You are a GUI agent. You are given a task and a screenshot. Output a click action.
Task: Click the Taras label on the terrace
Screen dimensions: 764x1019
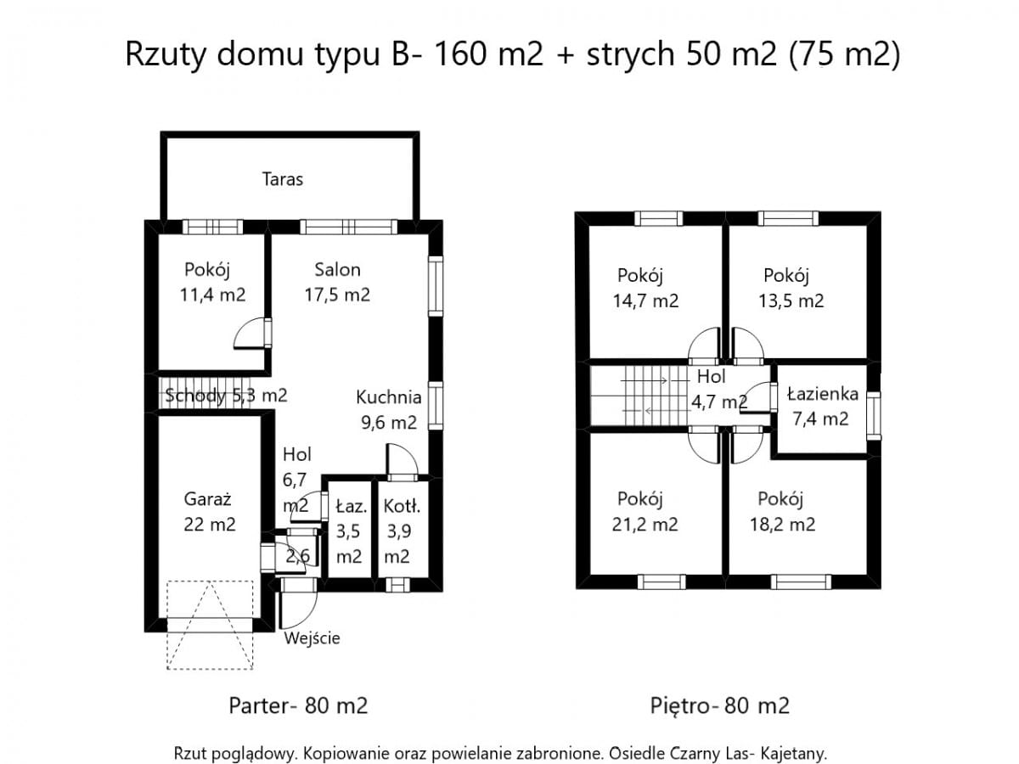pyautogui.click(x=282, y=179)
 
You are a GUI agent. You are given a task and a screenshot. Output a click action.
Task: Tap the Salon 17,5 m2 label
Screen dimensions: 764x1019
pyautogui.click(x=337, y=282)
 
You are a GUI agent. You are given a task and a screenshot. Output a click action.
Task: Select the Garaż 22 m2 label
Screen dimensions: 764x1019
pyautogui.click(x=209, y=512)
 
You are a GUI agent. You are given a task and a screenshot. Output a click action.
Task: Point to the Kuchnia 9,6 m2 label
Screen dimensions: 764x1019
pyautogui.click(x=387, y=409)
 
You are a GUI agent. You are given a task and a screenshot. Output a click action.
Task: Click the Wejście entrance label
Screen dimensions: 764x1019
pyautogui.click(x=312, y=638)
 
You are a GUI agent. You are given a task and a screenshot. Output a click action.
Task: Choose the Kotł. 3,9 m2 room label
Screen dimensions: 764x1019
pyautogui.click(x=397, y=531)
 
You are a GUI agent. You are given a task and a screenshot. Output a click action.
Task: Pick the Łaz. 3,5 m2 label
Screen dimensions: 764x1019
pyautogui.click(x=350, y=531)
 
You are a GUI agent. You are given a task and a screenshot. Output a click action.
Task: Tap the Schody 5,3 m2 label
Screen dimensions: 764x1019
pyautogui.click(x=226, y=395)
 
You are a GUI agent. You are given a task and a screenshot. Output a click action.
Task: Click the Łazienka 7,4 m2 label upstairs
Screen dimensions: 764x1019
pyautogui.click(x=822, y=406)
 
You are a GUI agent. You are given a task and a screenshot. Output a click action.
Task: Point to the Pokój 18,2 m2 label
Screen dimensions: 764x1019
pyautogui.click(x=780, y=511)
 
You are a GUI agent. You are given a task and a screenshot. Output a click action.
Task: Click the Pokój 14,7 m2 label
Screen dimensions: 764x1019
pyautogui.click(x=646, y=288)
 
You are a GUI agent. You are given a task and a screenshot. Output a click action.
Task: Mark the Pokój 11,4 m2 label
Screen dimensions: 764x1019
pyautogui.click(x=211, y=283)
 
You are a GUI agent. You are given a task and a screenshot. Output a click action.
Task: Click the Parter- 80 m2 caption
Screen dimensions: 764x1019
pyautogui.click(x=298, y=705)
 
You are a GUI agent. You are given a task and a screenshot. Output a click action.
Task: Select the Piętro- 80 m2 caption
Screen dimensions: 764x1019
pyautogui.click(x=719, y=705)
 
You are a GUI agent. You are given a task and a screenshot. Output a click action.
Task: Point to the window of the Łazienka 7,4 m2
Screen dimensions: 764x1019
pyautogui.click(x=874, y=414)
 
